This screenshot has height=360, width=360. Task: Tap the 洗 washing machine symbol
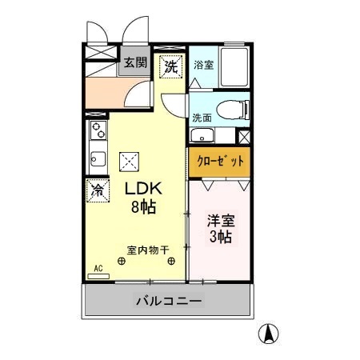[170, 67]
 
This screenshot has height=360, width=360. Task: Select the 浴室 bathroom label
[203, 65]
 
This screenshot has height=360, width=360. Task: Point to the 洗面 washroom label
[202, 118]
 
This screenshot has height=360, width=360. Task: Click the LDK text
[143, 190]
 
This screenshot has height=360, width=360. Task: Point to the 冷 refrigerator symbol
[97, 190]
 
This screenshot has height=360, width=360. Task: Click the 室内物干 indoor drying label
[148, 250]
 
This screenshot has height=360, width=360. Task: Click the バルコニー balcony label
[168, 302]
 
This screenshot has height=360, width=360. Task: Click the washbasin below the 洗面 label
[203, 134]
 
